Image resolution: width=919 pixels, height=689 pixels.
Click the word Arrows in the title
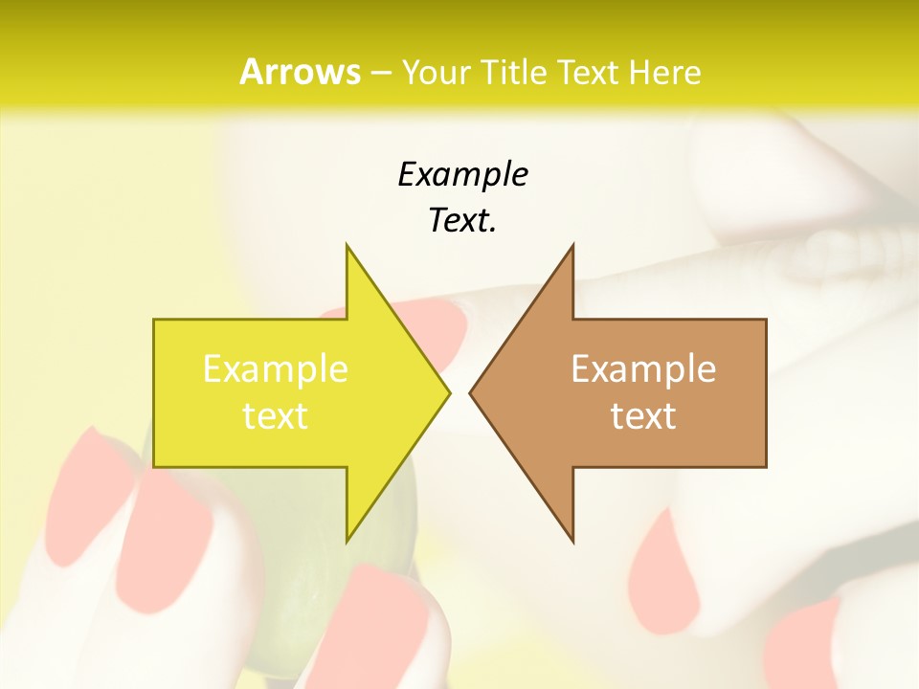(300, 72)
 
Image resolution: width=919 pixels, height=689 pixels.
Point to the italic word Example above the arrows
(462, 174)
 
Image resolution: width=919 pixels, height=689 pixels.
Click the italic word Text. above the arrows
(462, 221)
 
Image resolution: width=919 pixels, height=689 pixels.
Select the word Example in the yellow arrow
(276, 368)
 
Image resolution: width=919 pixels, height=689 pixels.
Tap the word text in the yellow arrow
(276, 416)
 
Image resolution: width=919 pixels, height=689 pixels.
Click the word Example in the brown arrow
(643, 368)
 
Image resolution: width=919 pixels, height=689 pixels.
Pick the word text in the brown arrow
(643, 416)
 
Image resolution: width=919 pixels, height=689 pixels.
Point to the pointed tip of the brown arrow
(471, 392)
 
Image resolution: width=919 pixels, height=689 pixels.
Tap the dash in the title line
(380, 73)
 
